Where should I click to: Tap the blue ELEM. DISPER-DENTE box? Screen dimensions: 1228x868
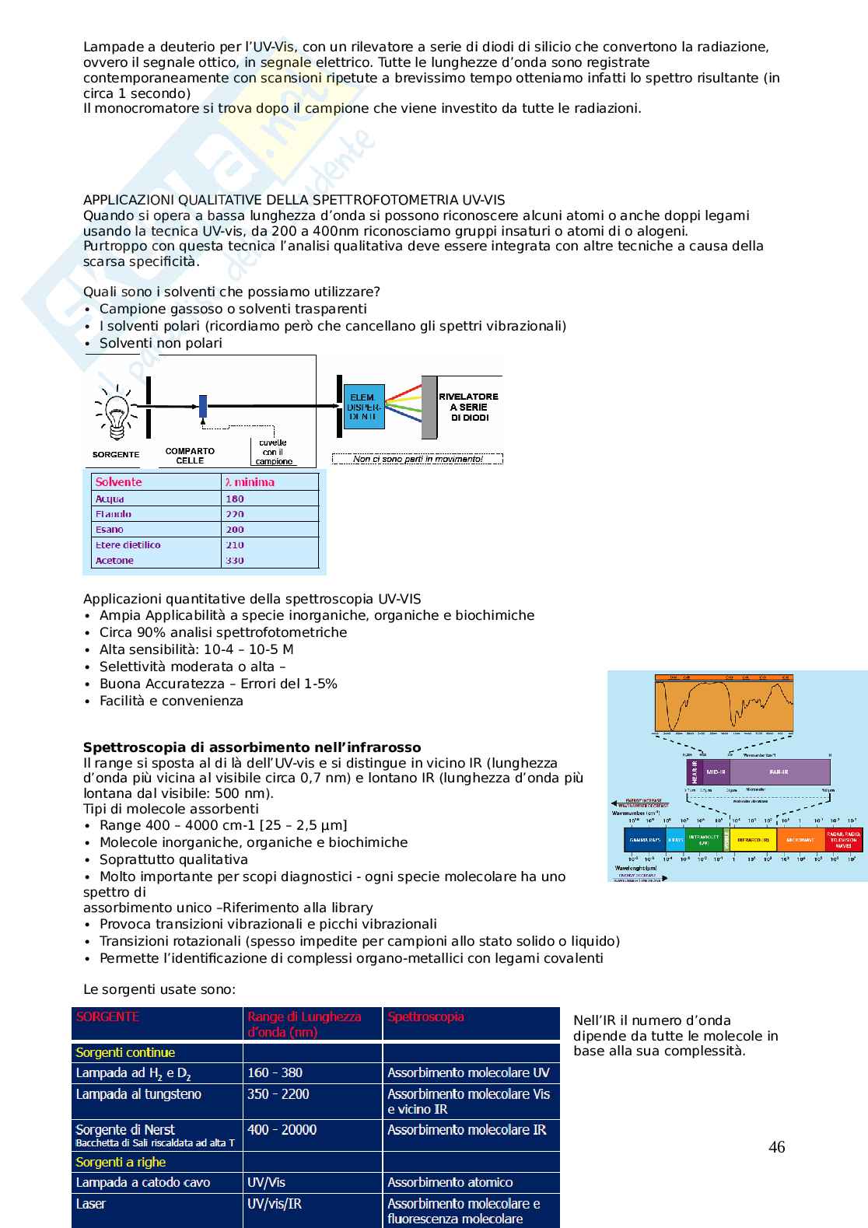point(362,407)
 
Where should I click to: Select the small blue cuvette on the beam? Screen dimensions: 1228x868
point(202,405)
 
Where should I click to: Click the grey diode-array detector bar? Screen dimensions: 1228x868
point(429,408)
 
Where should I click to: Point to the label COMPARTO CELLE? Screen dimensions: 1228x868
point(190,455)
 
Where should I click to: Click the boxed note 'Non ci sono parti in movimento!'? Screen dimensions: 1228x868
point(418,459)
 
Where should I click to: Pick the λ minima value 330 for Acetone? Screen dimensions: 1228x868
point(235,560)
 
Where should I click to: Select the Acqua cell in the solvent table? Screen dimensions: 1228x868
point(110,499)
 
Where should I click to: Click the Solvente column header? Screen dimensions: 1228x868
point(118,482)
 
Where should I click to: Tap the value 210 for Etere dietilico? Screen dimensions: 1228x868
point(235,544)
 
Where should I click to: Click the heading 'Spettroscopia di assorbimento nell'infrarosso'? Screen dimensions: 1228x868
point(252,747)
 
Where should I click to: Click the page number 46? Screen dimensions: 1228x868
point(776,1147)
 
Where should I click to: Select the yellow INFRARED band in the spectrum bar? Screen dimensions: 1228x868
point(753,840)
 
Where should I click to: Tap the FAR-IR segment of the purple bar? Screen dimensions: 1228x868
point(779,772)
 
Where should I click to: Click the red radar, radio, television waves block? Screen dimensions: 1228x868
point(843,840)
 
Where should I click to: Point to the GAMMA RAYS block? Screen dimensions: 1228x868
point(645,840)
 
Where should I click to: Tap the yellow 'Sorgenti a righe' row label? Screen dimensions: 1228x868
point(121,1162)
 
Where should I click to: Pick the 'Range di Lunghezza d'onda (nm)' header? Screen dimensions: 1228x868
point(304,1024)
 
